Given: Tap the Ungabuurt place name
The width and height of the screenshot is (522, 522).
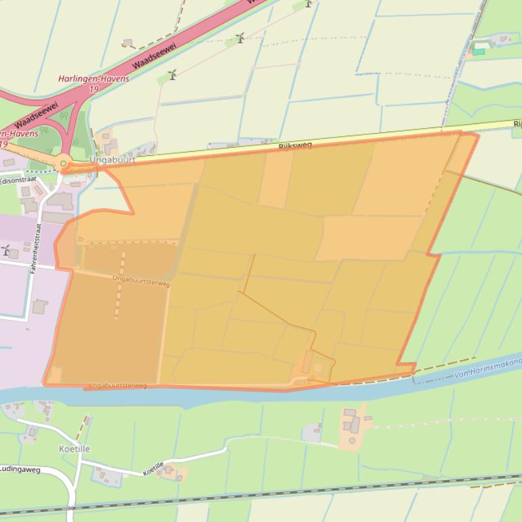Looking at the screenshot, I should coord(112,161).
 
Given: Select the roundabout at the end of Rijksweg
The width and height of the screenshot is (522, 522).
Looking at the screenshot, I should coord(64,163).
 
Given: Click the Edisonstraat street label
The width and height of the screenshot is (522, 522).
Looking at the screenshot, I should coord(18,181).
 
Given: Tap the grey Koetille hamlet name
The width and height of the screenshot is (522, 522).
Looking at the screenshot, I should coord(74,449).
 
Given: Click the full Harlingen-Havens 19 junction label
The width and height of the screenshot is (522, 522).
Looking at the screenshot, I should coord(94,83).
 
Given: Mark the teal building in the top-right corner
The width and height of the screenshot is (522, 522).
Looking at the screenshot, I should coord(479,51).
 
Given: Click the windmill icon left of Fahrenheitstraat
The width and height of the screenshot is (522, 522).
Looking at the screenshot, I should coord(6,250).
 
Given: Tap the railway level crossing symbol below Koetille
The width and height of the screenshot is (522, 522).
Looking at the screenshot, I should coord(71,508).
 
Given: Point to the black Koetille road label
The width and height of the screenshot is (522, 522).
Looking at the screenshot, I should coord(153,468).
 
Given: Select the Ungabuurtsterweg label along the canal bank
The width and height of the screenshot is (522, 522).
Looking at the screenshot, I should coord(117,386).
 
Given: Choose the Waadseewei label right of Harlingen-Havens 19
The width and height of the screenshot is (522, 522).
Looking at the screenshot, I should coord(156,56).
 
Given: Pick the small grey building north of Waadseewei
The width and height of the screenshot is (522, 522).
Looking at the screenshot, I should coord(127,43).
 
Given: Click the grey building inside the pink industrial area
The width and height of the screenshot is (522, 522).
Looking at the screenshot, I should coord(40,306).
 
